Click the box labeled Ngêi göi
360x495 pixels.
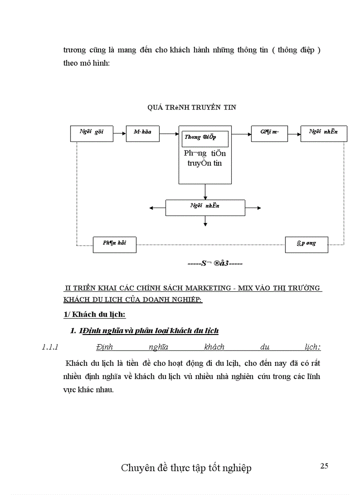(91, 133)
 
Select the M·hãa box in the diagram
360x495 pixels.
(143, 133)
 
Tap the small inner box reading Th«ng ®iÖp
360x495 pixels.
(205, 138)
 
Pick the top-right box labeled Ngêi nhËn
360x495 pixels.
(323, 133)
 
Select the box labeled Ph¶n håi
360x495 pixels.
(114, 244)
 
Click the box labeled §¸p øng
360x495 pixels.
(306, 244)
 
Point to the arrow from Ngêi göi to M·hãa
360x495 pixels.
(120, 133)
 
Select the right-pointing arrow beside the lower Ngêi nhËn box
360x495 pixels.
(253, 208)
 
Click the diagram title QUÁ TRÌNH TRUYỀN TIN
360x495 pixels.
(191, 107)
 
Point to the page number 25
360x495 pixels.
(324, 465)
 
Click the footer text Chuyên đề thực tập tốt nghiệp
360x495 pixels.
(186, 468)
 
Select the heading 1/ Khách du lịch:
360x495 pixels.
(93, 315)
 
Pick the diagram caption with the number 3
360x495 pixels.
(215, 264)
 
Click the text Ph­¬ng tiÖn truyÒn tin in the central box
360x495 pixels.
(205, 158)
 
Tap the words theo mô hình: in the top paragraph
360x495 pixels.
(86, 63)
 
